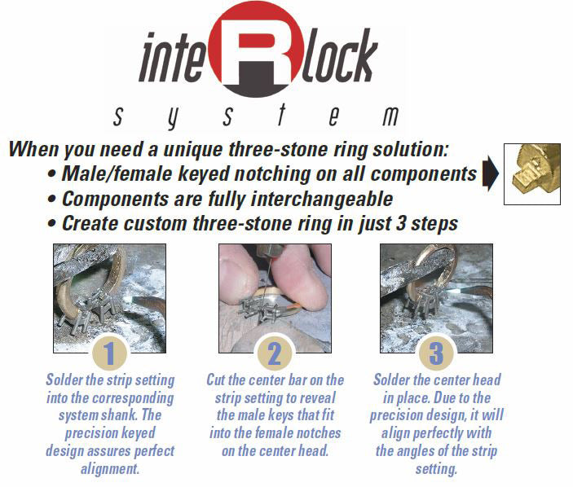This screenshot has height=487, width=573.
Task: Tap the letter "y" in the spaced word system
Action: (x=173, y=118)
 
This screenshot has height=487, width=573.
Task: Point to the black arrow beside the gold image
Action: (x=491, y=173)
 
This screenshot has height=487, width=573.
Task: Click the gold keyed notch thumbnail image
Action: (x=532, y=173)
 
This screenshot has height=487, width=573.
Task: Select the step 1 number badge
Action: (x=110, y=353)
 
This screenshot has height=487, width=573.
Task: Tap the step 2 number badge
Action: (x=275, y=353)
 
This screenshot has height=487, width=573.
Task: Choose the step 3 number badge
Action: (x=436, y=353)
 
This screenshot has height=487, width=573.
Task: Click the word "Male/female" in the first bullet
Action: (x=117, y=173)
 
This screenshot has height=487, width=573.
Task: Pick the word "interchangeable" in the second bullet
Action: (x=322, y=200)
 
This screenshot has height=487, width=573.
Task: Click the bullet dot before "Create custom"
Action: (x=52, y=223)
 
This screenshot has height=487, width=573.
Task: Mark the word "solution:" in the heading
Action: (x=411, y=149)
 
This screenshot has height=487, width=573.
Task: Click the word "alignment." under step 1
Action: (x=110, y=468)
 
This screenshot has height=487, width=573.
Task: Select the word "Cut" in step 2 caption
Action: (x=216, y=380)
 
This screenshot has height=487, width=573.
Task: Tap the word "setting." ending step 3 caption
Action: (x=436, y=468)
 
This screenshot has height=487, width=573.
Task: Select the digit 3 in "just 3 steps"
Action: (x=401, y=223)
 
